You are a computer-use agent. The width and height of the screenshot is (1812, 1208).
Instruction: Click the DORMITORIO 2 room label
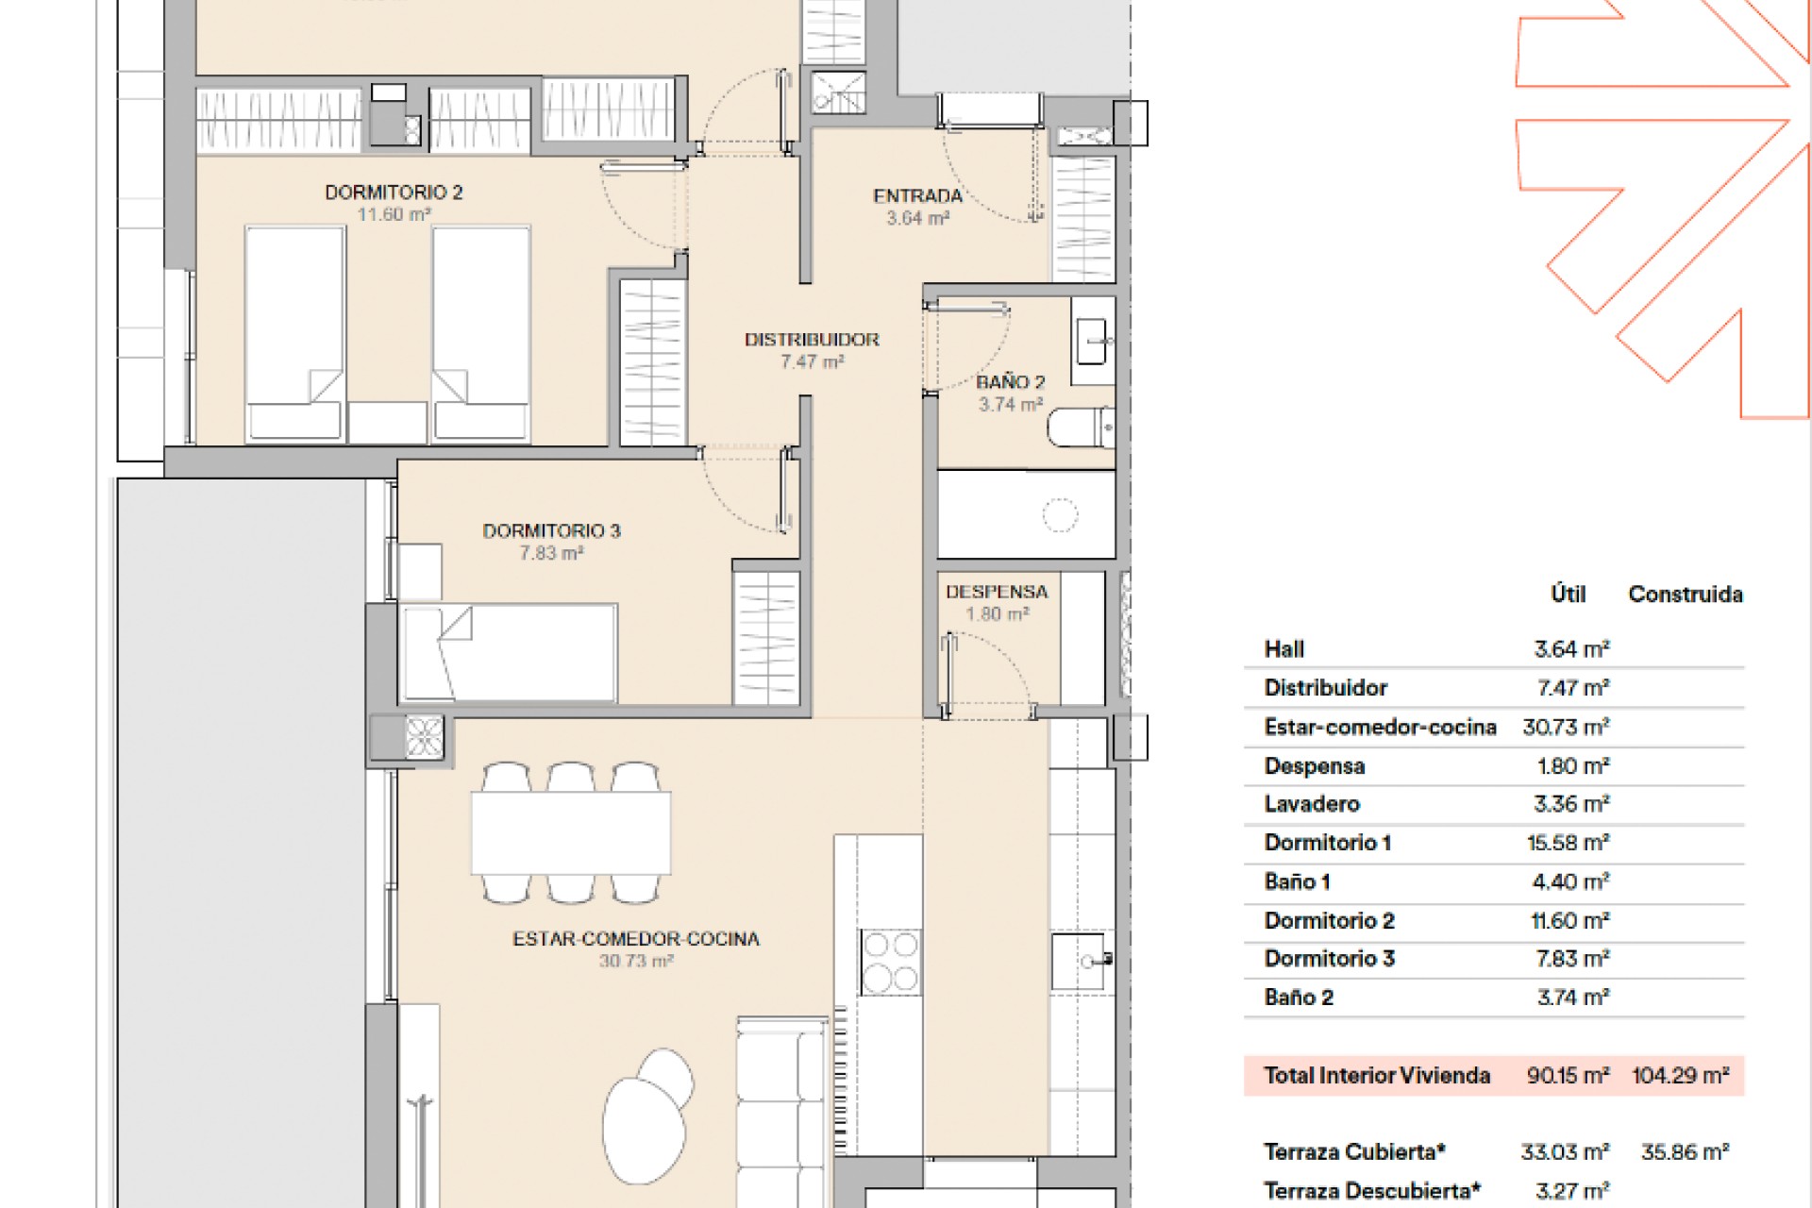pyautogui.click(x=394, y=193)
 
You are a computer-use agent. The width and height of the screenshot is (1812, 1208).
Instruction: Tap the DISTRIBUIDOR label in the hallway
pyautogui.click(x=812, y=340)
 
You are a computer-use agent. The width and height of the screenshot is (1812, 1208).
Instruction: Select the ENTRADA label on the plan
pyautogui.click(x=917, y=196)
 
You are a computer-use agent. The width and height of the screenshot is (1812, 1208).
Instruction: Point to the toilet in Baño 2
pyautogui.click(x=1082, y=428)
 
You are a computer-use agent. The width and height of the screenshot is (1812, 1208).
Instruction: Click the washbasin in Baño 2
pyautogui.click(x=1094, y=341)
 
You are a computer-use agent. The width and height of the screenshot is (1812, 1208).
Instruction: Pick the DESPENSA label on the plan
pyautogui.click(x=997, y=593)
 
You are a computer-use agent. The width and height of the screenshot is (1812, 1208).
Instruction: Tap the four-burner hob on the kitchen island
pyautogui.click(x=890, y=961)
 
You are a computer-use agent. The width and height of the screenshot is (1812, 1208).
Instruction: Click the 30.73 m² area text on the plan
pyautogui.click(x=636, y=962)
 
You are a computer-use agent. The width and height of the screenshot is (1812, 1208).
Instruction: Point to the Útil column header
pyautogui.click(x=1569, y=594)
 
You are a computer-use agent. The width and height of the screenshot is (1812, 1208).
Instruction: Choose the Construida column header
pyautogui.click(x=1686, y=595)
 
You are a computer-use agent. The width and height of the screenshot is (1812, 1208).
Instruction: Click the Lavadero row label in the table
pyautogui.click(x=1312, y=804)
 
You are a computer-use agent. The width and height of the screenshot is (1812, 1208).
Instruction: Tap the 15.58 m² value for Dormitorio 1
pyautogui.click(x=1568, y=843)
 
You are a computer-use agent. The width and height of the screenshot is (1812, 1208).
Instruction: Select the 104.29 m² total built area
pyautogui.click(x=1681, y=1075)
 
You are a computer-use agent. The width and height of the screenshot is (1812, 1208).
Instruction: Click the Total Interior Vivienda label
pyautogui.click(x=1377, y=1075)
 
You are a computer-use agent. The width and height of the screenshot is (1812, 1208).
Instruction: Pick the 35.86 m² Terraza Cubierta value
pyautogui.click(x=1685, y=1152)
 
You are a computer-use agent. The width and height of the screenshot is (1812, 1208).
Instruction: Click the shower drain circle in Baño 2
pyautogui.click(x=1060, y=515)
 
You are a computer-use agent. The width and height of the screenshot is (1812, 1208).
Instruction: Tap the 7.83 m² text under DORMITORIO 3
pyautogui.click(x=551, y=554)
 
